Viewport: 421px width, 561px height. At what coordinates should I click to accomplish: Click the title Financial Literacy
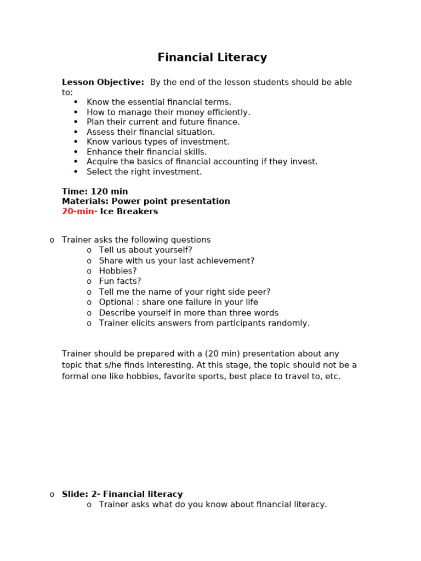pos(212,58)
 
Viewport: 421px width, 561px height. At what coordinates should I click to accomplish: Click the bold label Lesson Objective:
pos(103,82)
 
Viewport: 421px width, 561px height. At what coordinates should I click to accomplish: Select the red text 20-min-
pos(79,211)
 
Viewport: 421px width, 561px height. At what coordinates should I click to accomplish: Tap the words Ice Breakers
pos(129,211)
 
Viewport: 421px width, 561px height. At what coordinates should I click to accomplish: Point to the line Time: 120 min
pos(95,192)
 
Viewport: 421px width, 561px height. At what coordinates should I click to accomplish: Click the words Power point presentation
pos(171,202)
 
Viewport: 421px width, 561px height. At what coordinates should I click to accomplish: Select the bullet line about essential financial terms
pos(159,102)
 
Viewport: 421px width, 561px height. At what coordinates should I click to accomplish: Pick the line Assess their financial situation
pos(151,132)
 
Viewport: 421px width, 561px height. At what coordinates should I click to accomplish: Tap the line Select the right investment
pos(144,172)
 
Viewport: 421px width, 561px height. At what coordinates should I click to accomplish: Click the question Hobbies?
pos(118,271)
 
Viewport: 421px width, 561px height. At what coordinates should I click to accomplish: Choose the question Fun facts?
pos(120,282)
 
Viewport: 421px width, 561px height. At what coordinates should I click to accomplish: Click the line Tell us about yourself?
pos(146,250)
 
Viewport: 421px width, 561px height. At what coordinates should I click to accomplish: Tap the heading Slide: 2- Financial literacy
pos(122,494)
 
